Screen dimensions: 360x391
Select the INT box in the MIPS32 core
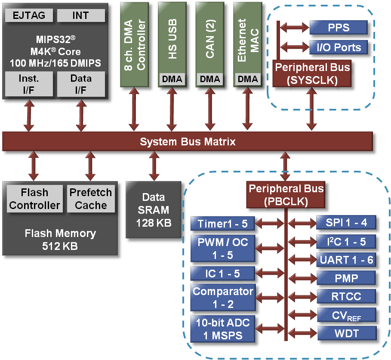pos(81,16)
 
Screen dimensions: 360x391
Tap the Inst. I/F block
pos(29,84)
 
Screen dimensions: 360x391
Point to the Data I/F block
pos(81,84)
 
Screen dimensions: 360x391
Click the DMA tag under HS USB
pos(172,79)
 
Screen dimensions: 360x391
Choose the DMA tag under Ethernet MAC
pos(248,79)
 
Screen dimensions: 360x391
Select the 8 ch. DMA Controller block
pos(134,43)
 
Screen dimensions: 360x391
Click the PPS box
pos(339,28)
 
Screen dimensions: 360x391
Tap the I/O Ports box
pos(339,47)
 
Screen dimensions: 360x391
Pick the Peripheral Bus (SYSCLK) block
pos(313,74)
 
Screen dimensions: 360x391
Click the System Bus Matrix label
pos(188,142)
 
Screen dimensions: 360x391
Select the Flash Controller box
pos(34,199)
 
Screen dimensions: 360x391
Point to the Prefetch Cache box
pos(91,199)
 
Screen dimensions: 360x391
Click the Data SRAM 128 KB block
pos(154,210)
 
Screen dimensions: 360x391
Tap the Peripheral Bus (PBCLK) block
pos(286,195)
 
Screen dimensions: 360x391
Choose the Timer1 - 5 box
pos(222,224)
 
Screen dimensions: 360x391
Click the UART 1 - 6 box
pos(346,260)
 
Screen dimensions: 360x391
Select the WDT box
pos(346,333)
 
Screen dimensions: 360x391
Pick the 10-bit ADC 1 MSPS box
pos(222,329)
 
